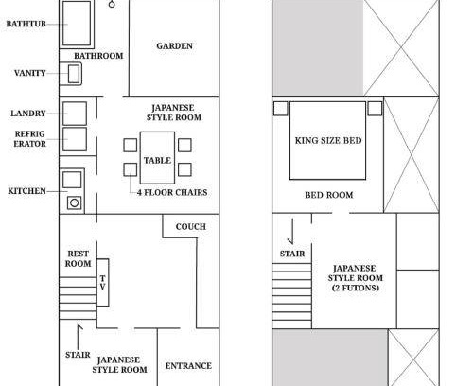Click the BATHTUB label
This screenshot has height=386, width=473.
coord(26,24)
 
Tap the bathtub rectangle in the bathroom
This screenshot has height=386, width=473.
coord(77,23)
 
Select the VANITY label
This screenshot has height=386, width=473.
coord(30,73)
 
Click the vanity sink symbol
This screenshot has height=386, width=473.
coord(74,74)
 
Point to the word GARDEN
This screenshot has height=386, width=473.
coord(174,46)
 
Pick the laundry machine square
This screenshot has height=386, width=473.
coord(75,114)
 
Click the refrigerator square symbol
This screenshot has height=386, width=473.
coord(75,139)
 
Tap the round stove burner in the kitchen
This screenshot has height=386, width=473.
coord(75,202)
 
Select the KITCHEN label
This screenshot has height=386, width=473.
coord(26,191)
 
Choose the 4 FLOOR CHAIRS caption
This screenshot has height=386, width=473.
coord(172,192)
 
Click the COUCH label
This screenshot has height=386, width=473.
coord(191,227)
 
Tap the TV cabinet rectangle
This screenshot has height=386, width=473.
coord(103,283)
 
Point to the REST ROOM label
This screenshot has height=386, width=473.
coord(78,258)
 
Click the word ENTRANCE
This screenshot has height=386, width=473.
coord(188,366)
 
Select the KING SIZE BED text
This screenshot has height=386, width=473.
coord(328,141)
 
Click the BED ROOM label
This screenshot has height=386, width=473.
coord(329,195)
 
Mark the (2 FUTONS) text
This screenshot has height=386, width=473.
coord(356,288)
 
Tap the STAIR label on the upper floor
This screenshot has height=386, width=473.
coord(292,254)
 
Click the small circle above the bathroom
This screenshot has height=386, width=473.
coord(112,5)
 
